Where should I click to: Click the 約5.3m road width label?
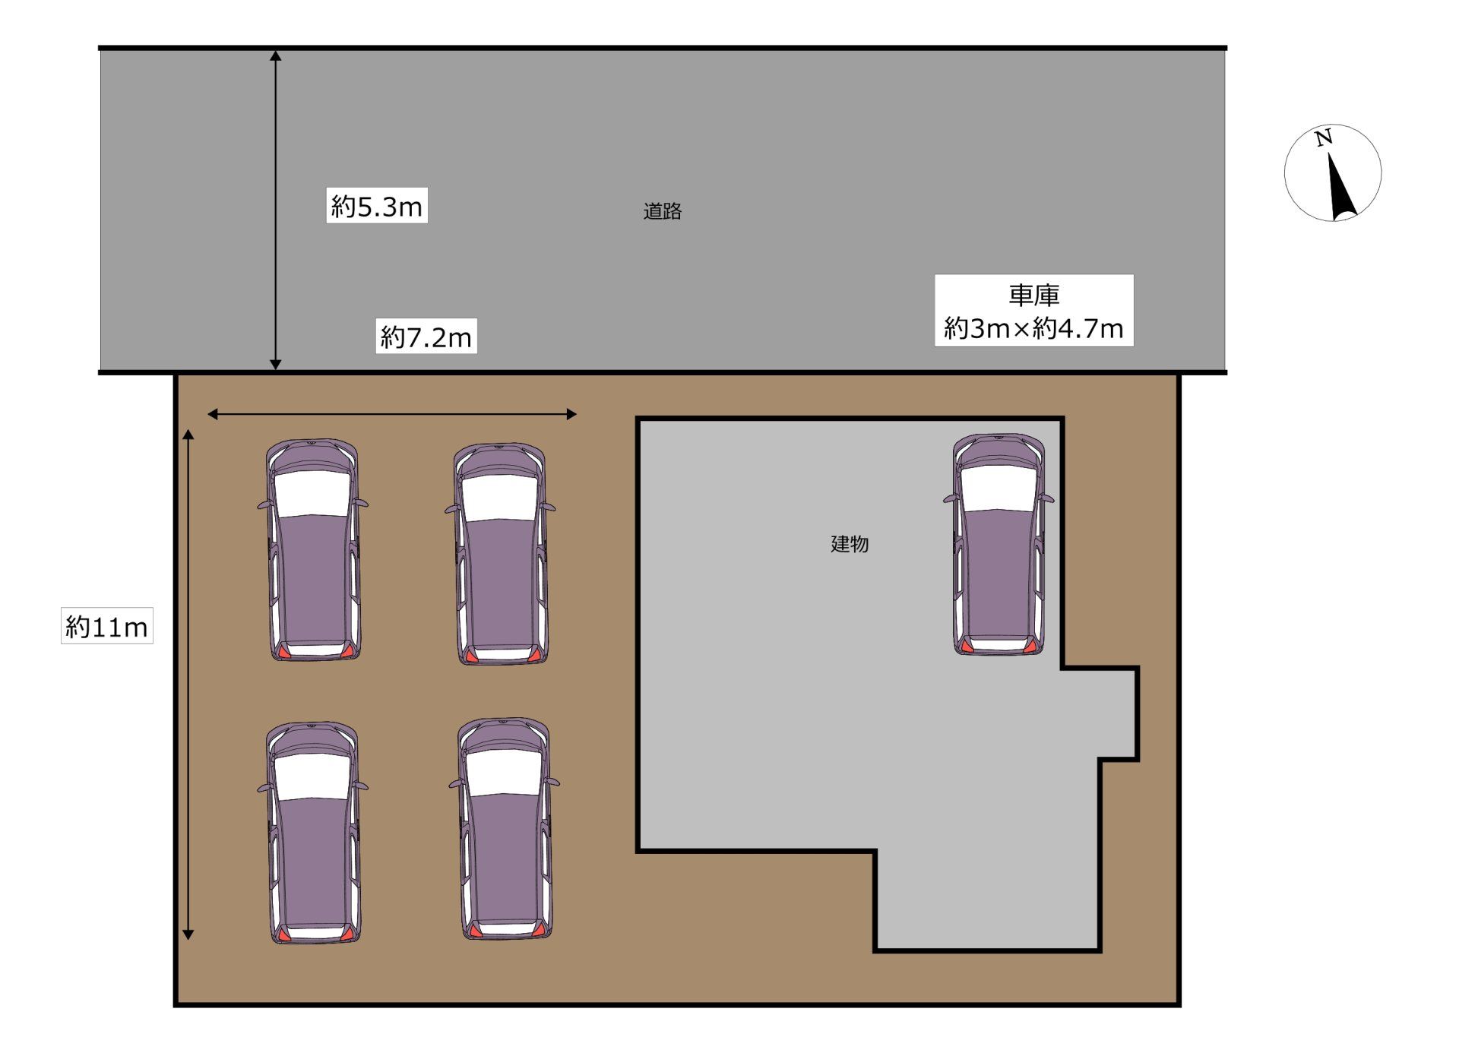pyautogui.click(x=377, y=206)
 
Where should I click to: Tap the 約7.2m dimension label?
pyautogui.click(x=426, y=337)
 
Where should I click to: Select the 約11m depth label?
pyautogui.click(x=107, y=626)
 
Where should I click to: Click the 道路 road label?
pyautogui.click(x=662, y=211)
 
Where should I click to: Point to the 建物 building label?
pyautogui.click(x=850, y=544)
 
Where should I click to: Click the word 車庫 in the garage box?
pyautogui.click(x=1034, y=295)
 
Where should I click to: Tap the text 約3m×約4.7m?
pyautogui.click(x=1034, y=328)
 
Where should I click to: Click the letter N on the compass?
pyautogui.click(x=1324, y=138)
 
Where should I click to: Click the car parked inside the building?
pyautogui.click(x=999, y=544)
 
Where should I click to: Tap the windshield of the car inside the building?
pyautogui.click(x=999, y=488)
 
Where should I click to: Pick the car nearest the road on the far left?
pyautogui.click(x=313, y=549)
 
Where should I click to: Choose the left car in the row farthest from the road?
pyautogui.click(x=313, y=833)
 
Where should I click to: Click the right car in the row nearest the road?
pyautogui.click(x=501, y=554)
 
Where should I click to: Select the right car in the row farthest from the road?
pyautogui.click(x=505, y=829)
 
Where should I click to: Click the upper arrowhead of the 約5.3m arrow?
pyautogui.click(x=276, y=55)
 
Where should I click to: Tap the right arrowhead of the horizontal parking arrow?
pyautogui.click(x=572, y=414)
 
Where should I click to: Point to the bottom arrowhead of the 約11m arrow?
pyautogui.click(x=188, y=934)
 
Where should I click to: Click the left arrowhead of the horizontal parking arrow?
pyautogui.click(x=213, y=414)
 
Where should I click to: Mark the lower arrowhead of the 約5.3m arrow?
pyautogui.click(x=276, y=365)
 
